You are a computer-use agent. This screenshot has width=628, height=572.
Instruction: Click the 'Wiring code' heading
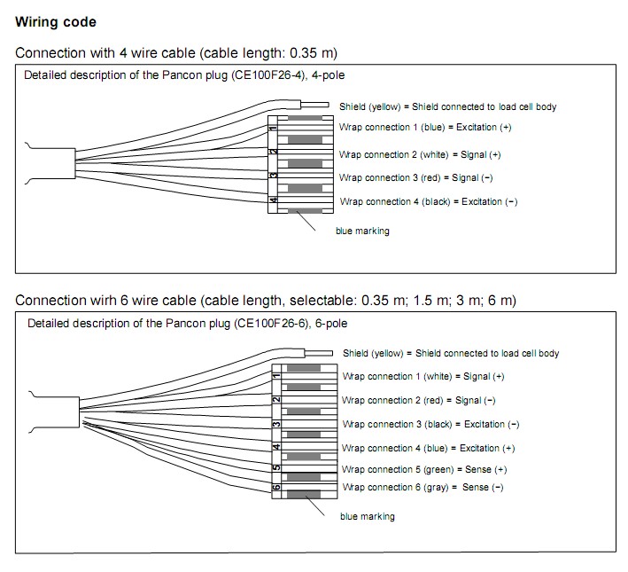[x=56, y=21]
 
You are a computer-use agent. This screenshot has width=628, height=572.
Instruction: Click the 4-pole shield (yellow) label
[x=447, y=106]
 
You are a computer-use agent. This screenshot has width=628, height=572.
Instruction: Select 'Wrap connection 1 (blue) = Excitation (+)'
[x=424, y=127]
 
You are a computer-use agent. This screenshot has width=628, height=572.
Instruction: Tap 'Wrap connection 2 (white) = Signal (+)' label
[x=420, y=154]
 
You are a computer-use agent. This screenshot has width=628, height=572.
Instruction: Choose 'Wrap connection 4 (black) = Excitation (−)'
[x=428, y=202]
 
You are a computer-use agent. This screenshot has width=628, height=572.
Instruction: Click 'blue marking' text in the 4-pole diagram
[x=362, y=231]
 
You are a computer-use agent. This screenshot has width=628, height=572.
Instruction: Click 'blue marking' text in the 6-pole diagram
[x=368, y=516]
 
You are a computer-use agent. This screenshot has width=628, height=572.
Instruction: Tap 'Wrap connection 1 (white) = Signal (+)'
[x=423, y=376]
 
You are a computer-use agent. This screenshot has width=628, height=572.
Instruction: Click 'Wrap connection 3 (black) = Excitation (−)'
[x=430, y=424]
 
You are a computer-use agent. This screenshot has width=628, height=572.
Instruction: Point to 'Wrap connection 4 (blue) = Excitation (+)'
[x=428, y=448]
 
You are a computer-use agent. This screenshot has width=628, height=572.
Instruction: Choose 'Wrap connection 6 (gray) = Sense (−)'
[x=422, y=488]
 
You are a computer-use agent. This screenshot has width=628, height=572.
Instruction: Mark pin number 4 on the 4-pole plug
[x=274, y=200]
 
